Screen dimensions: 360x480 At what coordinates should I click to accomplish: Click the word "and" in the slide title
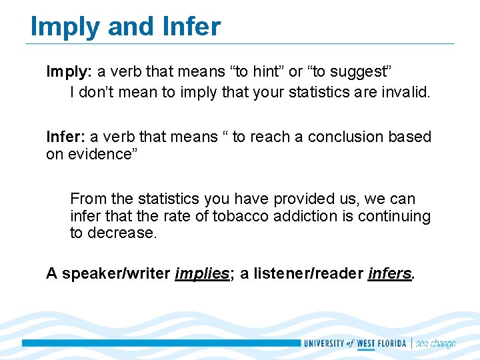[123, 27]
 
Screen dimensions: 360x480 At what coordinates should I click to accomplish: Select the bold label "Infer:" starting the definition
[66, 137]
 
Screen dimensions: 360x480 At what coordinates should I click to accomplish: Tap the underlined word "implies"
[202, 273]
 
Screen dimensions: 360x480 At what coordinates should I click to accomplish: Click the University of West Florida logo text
[355, 343]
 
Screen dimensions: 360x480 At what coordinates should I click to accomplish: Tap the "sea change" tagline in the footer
[435, 343]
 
